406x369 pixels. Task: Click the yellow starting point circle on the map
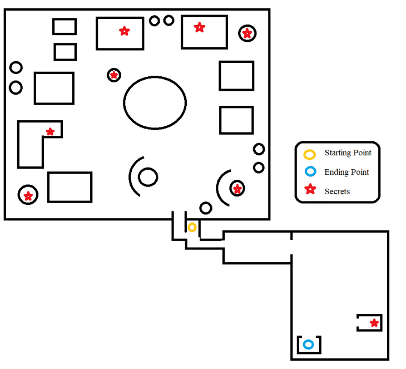[x=192, y=227]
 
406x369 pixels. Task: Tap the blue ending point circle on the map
[x=308, y=345]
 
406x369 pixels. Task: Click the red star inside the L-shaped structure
[x=50, y=132]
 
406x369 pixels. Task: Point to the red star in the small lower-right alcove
[x=374, y=323]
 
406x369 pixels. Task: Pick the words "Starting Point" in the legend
[x=348, y=152]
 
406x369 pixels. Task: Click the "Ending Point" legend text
[x=346, y=172]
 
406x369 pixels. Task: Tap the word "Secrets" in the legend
[x=337, y=191]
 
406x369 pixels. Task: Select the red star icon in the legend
[x=310, y=190]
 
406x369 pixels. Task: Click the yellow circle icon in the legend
[x=310, y=153]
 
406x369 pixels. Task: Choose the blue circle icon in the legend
[x=310, y=172]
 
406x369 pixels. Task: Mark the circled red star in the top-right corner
[x=247, y=33]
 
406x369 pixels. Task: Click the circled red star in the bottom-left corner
[x=28, y=195]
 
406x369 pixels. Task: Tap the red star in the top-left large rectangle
[x=123, y=31]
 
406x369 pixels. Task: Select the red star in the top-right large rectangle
[x=199, y=27]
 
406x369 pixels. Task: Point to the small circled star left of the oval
[x=114, y=75]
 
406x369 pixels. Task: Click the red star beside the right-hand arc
[x=237, y=189]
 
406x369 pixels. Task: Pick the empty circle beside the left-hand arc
[x=148, y=177]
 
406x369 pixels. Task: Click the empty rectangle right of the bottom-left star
[x=70, y=187]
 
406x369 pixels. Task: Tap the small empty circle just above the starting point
[x=206, y=208]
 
